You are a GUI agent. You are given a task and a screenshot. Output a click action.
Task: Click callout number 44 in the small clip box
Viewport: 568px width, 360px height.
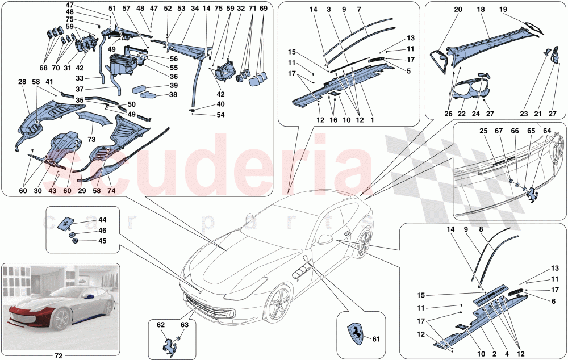pos(102,219)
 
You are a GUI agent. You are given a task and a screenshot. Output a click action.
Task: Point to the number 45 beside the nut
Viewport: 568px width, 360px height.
pos(102,240)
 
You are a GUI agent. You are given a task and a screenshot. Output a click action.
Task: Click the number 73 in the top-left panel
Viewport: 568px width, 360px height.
pos(91,139)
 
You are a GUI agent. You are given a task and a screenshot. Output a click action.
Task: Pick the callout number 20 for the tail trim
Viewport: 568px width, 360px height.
pos(458,10)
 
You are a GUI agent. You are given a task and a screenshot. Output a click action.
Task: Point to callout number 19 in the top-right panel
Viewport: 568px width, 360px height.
pos(503,10)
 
